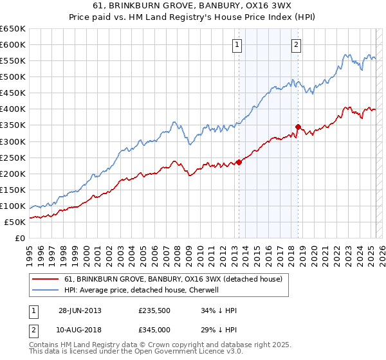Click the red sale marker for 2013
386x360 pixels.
coord(239,162)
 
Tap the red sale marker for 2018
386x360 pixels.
coord(298,127)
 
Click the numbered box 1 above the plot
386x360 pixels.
coord(237,45)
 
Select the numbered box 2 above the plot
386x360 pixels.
coord(296,45)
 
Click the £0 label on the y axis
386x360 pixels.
coord(21,239)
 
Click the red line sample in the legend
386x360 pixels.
coord(46,280)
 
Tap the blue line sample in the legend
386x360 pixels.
coord(46,291)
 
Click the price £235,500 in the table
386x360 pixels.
coord(153,310)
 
